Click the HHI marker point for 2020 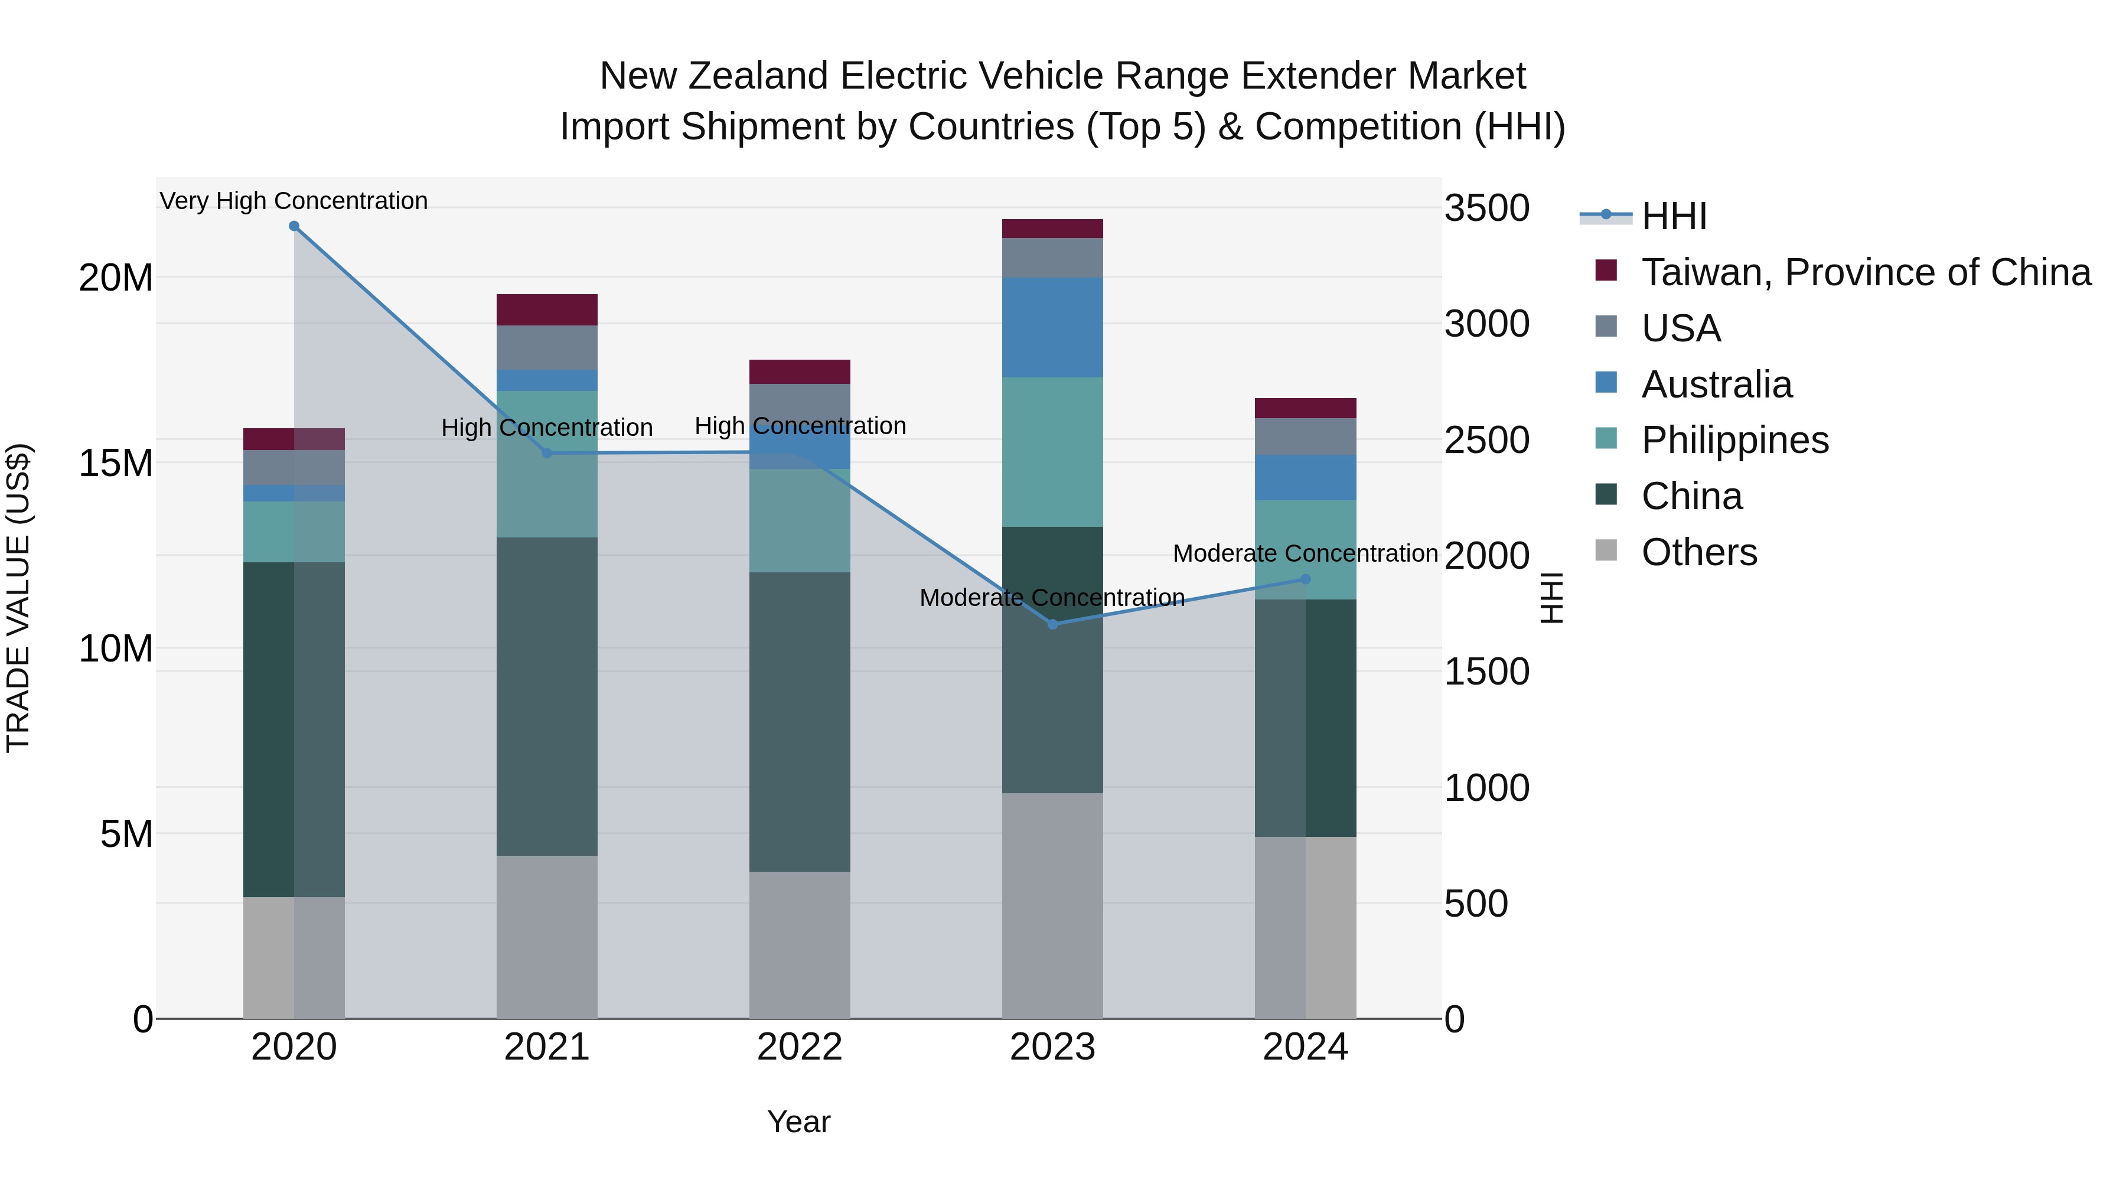coord(294,226)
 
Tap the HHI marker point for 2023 coord(1052,624)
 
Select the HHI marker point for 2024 coord(1305,579)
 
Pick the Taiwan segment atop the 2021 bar coord(546,309)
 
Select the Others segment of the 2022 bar coord(799,944)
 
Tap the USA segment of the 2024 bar coord(1305,436)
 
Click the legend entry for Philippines coord(1733,440)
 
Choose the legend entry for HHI coord(1673,216)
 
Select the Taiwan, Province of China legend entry coord(1865,272)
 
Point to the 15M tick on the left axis coord(116,463)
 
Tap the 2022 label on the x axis coord(799,1047)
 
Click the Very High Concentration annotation coord(294,201)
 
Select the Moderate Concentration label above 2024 coord(1305,553)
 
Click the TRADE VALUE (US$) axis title coord(18,598)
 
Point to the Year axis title coord(798,1122)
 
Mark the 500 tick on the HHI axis coord(1476,904)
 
